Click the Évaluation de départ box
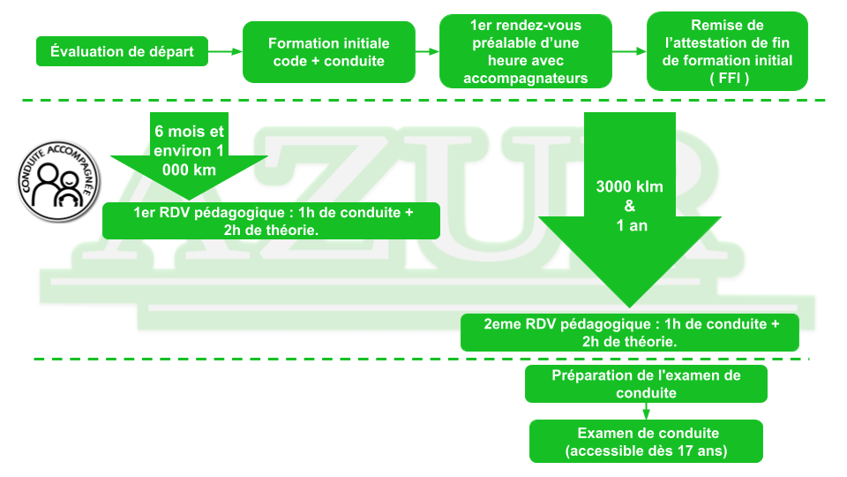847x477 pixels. click(122, 51)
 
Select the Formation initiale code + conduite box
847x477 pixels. click(328, 52)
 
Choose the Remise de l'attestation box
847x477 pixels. click(727, 51)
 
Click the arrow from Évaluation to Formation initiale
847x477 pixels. click(224, 51)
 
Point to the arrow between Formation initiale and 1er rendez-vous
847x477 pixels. click(427, 51)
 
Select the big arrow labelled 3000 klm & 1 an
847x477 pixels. click(629, 221)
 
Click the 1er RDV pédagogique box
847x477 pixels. click(271, 221)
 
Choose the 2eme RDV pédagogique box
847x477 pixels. click(630, 332)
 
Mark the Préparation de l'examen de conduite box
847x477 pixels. click(646, 383)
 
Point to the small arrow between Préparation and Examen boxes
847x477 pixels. click(646, 411)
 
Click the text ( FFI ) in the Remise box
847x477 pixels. click(727, 77)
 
